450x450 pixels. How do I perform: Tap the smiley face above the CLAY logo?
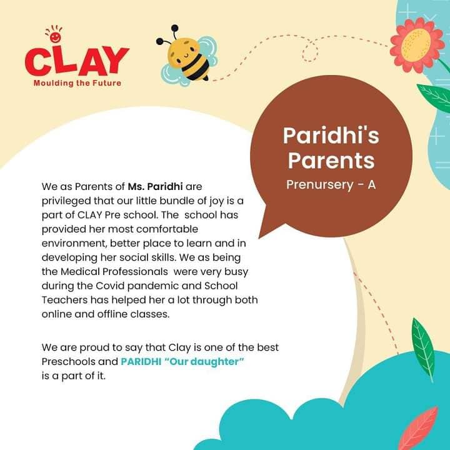(55, 37)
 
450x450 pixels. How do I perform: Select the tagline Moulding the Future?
(77, 83)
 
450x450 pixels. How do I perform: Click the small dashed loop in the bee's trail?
(310, 52)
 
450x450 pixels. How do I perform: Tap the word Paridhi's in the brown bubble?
(331, 136)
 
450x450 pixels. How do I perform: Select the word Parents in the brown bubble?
(331, 161)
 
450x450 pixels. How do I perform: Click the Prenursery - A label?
(331, 184)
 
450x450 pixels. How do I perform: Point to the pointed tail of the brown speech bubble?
(259, 237)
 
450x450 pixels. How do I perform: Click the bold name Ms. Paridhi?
(155, 186)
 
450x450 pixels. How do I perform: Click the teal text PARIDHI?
(141, 362)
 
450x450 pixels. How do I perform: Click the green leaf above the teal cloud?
(424, 349)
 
